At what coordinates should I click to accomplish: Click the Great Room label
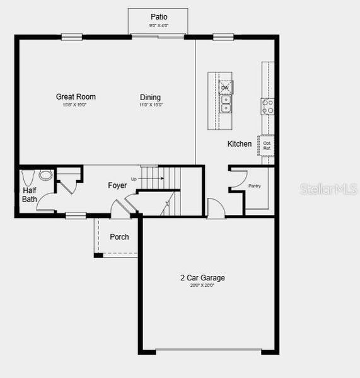pos(76,96)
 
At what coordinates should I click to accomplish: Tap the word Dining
pos(150,97)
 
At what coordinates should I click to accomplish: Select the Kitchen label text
pos(240,144)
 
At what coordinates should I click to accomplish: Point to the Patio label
pos(159,16)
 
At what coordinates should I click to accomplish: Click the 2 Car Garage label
pos(202,277)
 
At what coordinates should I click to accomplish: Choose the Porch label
pos(119,237)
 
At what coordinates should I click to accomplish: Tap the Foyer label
pos(117,185)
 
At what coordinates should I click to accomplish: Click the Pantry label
pos(255,186)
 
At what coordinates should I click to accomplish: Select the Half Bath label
pos(30,195)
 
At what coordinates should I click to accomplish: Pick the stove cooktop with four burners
pos(268,106)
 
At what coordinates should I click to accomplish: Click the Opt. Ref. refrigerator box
pos(267,146)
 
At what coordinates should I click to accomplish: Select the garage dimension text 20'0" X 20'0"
pos(202,286)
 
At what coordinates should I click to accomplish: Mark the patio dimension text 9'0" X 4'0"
pos(158,26)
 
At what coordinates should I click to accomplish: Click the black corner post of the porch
pos(98,255)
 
